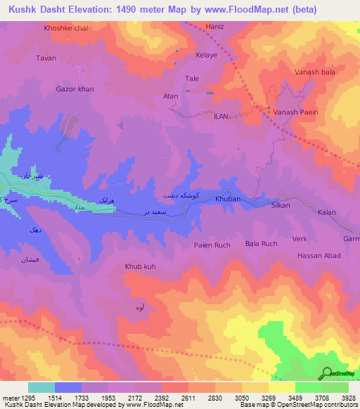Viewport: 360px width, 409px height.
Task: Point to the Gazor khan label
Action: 75,90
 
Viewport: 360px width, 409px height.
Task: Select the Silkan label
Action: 281,204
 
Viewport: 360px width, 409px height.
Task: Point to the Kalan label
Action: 327,212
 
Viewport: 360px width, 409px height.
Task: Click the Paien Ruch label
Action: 212,245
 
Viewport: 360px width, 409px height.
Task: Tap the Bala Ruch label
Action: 261,244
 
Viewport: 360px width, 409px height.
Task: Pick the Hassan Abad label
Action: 319,257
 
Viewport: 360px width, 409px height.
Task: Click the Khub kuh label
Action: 140,266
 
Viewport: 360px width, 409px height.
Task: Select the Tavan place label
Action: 46,58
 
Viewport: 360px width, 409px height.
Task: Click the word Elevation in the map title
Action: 89,9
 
